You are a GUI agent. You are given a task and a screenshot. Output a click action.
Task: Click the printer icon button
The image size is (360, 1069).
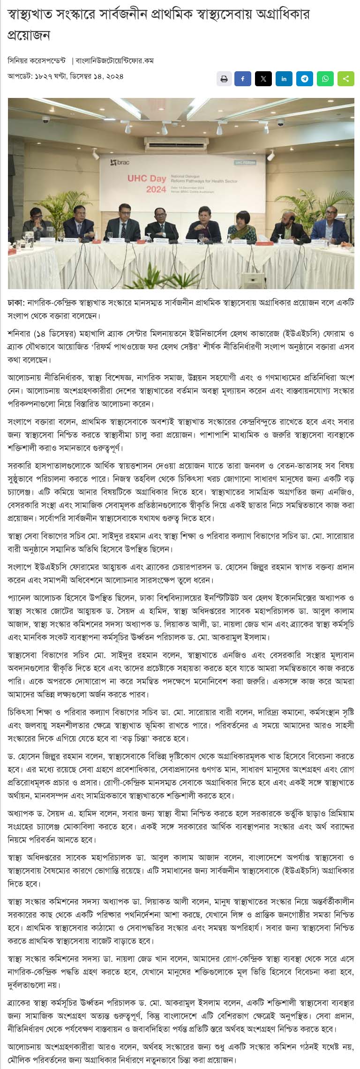pos(224,79)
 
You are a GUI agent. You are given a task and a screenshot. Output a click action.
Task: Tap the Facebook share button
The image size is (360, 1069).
pos(243,79)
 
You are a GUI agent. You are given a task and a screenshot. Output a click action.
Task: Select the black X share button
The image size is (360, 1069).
pos(263,79)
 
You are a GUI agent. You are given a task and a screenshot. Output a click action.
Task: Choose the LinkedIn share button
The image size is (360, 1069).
pos(284,79)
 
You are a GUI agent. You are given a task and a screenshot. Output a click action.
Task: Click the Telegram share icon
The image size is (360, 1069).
pos(305,79)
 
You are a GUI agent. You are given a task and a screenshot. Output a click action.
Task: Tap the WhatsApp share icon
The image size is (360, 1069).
pos(325,79)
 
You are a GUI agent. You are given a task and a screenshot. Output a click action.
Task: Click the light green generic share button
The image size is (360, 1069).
pos(346,79)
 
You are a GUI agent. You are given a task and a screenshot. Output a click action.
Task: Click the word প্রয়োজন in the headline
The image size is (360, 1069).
pos(29,36)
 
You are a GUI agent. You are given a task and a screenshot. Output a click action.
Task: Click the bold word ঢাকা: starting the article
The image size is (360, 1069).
pos(16,303)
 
